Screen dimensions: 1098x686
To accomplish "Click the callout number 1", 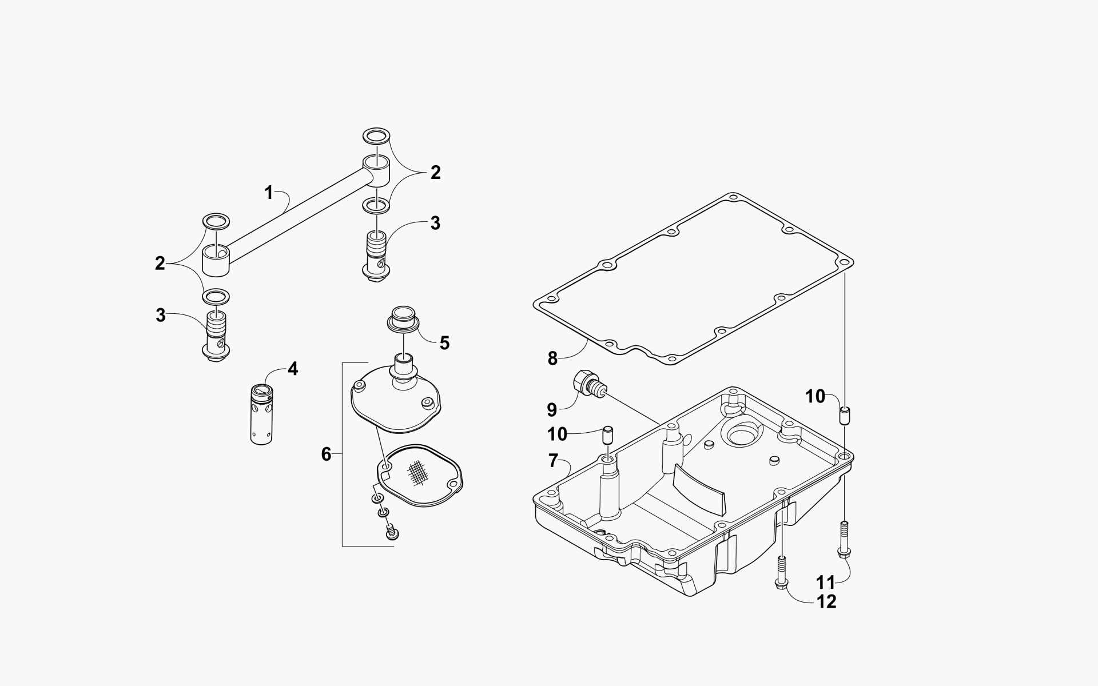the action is coord(269,193).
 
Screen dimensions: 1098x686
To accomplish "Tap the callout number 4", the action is coord(292,369).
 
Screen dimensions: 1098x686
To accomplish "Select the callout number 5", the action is coord(444,343).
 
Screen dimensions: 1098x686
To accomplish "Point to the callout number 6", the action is coord(326,454).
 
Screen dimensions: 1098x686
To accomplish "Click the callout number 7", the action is coord(552,460).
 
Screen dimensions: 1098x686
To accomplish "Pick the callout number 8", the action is coord(552,358).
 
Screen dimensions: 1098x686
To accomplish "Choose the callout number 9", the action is coord(551,409).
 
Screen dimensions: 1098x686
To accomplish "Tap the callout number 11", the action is coord(826,583).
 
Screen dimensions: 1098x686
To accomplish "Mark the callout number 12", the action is coord(827,601).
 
